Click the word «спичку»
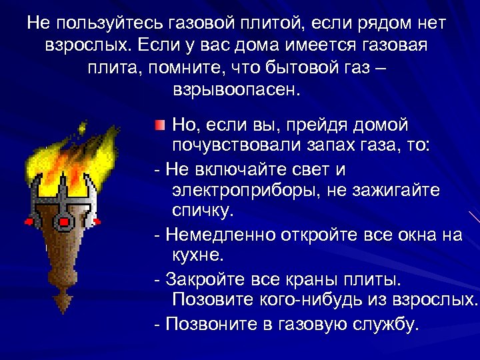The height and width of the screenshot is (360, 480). (x=203, y=212)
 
